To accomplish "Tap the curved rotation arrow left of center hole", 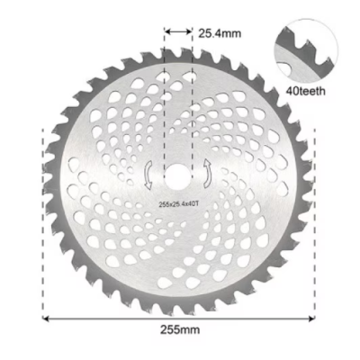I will point(148,173).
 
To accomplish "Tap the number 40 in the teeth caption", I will point(290,91).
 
